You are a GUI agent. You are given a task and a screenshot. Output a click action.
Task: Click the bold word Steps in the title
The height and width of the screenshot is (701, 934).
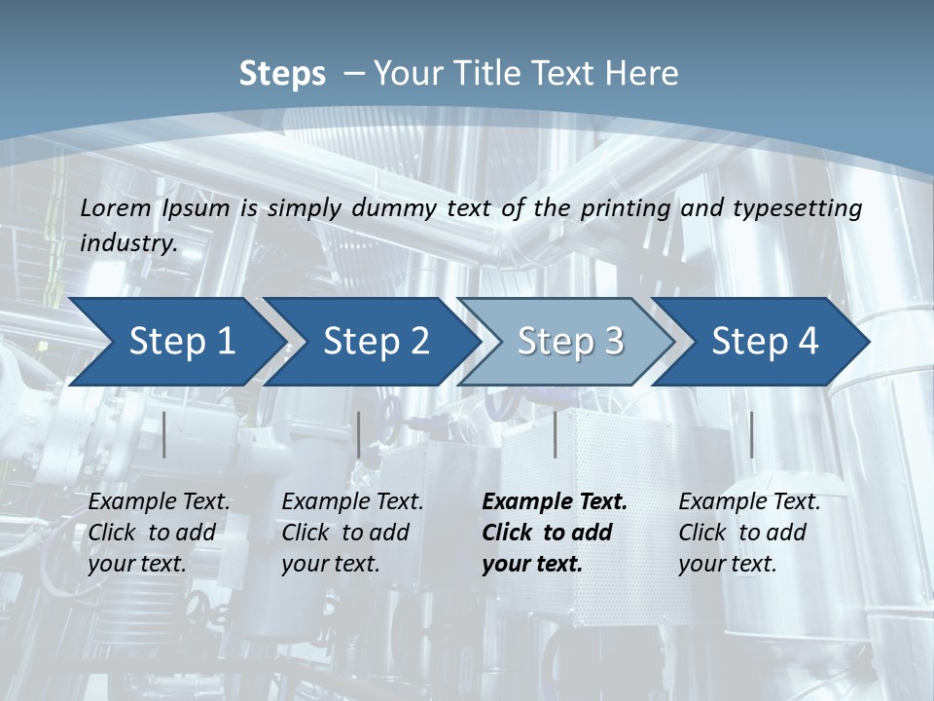point(282,74)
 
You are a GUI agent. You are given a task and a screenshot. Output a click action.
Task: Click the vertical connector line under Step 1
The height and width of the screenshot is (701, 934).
point(164,434)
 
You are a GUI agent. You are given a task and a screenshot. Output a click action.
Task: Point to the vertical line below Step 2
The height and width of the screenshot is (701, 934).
point(359,434)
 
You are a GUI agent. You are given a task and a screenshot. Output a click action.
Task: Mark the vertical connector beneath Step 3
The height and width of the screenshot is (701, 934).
point(556,434)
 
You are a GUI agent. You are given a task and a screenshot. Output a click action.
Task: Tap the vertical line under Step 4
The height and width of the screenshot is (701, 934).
point(752,434)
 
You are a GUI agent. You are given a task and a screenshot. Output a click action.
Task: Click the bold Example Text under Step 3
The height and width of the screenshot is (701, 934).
point(555,502)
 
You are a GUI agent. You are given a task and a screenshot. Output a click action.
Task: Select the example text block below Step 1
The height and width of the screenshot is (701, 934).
point(159,533)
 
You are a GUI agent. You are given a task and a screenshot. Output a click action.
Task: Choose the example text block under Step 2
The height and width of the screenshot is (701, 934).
point(352,533)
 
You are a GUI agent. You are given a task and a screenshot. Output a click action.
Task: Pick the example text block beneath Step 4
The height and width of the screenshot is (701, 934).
point(749,533)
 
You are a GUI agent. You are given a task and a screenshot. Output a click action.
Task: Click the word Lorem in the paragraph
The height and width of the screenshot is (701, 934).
point(116,208)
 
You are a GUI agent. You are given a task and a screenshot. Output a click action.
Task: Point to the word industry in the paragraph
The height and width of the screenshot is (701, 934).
point(127,243)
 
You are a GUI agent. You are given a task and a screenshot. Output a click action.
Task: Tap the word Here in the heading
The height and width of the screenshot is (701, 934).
point(641,74)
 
